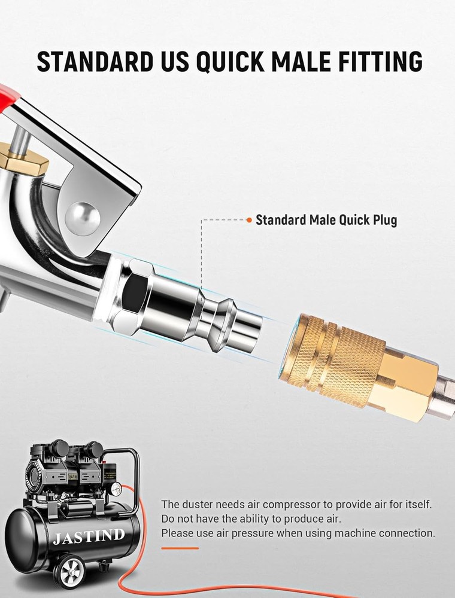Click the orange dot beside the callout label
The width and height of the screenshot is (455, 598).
pos(249,220)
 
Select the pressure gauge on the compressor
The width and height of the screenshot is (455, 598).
pos(115,490)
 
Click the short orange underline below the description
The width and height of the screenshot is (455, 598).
pos(180,548)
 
